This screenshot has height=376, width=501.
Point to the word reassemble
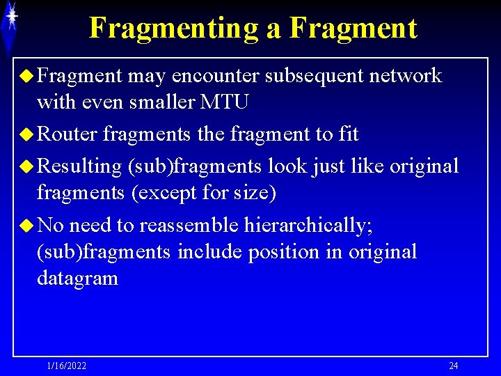(189, 225)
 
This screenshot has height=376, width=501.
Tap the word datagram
(77, 279)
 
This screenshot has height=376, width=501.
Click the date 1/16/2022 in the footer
(66, 366)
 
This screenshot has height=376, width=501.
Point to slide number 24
(453, 366)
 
